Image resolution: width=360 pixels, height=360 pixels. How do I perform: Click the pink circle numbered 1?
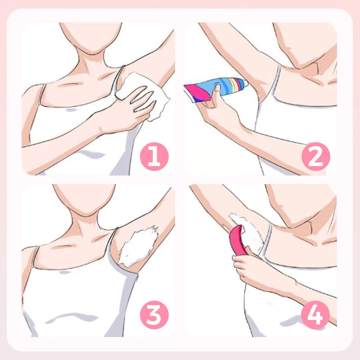pos(154,157)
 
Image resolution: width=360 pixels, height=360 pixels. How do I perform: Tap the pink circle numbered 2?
pos(316,157)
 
